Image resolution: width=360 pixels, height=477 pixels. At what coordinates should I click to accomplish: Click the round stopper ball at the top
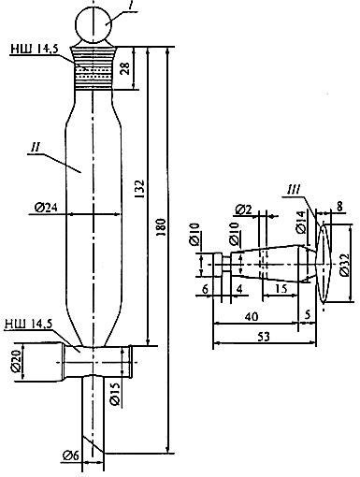point(94,24)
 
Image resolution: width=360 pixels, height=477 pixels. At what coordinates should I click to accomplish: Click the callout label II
point(36,148)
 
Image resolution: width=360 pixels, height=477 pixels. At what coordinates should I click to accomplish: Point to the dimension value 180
point(161,227)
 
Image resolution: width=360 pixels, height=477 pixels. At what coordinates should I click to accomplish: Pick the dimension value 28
point(125,68)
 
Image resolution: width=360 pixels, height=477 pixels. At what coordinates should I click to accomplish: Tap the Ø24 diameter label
point(46,208)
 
